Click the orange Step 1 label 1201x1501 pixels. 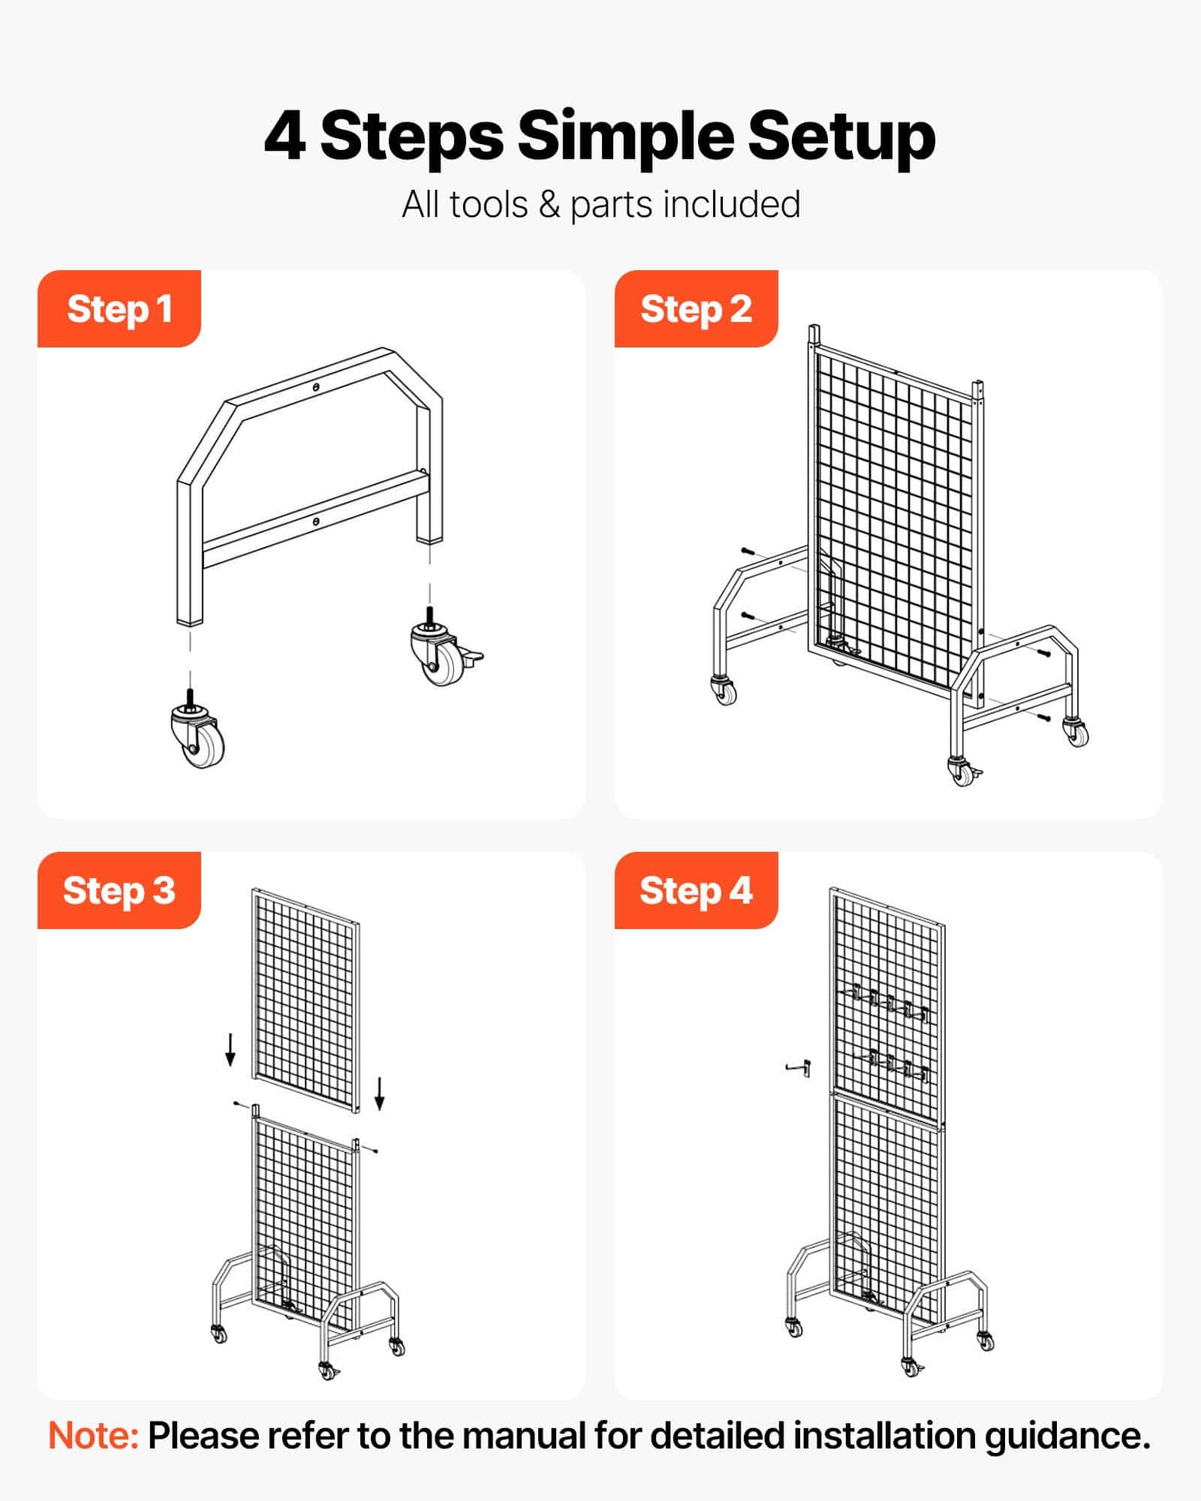119,308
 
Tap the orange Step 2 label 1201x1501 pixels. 696,308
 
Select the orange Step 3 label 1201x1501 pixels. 119,890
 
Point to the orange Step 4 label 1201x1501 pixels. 696,890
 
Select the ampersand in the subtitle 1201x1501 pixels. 549,204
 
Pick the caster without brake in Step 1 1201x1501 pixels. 197,728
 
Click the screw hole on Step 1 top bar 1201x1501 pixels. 317,387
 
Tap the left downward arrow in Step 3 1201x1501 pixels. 230,1048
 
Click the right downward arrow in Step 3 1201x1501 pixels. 380,1093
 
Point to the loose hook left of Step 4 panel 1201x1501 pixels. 799,1066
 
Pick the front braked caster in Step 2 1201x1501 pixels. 962,771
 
